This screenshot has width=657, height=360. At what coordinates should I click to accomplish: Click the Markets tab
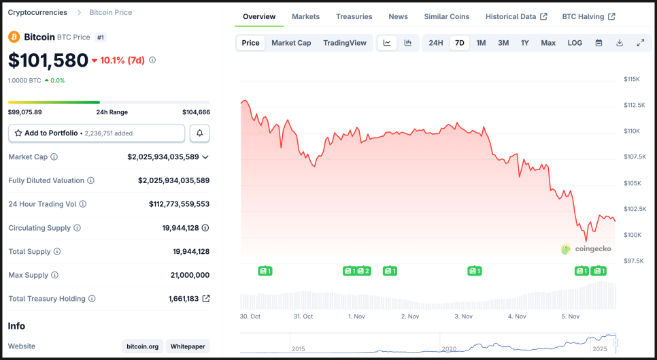[305, 16]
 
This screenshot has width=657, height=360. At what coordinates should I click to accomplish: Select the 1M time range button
[481, 43]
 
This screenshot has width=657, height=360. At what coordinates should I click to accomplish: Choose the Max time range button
[548, 43]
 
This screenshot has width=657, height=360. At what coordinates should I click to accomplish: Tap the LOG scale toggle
[575, 43]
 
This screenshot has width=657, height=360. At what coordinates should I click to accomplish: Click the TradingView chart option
[345, 43]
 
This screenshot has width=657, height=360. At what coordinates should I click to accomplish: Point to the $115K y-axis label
[632, 79]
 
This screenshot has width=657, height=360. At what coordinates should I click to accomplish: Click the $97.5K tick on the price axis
[634, 261]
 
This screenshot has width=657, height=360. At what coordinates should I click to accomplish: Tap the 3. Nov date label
[463, 316]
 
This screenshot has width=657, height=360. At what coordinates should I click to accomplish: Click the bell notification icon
[200, 133]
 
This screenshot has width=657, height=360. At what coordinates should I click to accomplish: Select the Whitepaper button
[188, 346]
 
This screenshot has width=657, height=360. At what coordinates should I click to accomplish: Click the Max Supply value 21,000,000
[190, 275]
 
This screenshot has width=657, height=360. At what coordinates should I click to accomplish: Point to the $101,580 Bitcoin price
[48, 60]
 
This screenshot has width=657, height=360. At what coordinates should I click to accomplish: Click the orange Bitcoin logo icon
[14, 37]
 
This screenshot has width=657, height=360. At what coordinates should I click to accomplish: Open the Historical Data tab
[516, 16]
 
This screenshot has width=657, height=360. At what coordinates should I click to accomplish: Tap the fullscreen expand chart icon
[640, 43]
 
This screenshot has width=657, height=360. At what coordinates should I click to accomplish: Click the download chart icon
[620, 43]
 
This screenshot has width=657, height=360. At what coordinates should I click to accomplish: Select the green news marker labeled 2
[364, 271]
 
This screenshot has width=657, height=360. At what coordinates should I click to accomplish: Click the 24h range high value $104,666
[196, 112]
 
